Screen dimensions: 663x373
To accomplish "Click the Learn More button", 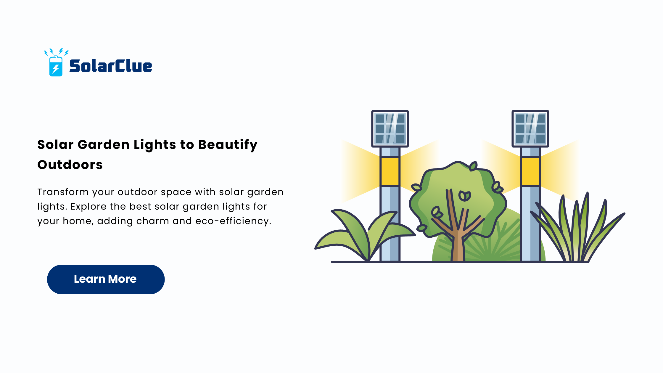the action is point(106,279).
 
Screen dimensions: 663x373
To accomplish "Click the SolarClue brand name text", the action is point(111,66).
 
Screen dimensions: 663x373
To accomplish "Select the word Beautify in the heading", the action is point(228,145).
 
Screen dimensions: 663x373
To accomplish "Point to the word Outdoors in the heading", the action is point(70,165).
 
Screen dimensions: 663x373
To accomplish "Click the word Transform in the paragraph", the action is point(63,192).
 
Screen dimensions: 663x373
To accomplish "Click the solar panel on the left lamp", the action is point(390,129).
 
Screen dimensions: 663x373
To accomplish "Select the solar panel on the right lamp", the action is point(530,129).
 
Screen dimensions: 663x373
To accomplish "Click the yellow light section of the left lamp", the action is point(390,171).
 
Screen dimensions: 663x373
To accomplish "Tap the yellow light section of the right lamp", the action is point(530,171).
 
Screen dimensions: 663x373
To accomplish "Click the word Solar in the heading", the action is point(55,145).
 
